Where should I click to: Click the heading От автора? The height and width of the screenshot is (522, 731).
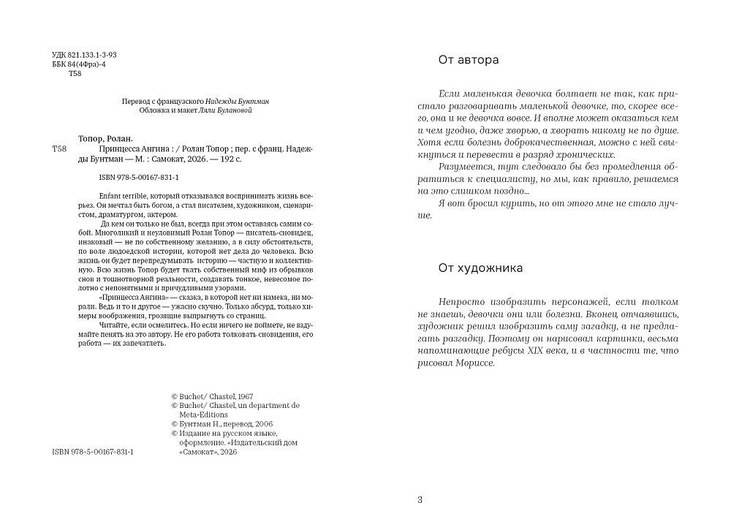click(468, 60)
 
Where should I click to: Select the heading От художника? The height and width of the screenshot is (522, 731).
click(480, 268)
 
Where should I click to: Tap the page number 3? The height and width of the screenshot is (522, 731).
click(420, 500)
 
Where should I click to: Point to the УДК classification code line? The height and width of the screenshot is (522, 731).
click(85, 56)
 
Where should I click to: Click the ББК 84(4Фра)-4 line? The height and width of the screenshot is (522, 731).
click(80, 64)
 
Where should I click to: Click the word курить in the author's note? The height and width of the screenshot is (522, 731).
click(520, 203)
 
